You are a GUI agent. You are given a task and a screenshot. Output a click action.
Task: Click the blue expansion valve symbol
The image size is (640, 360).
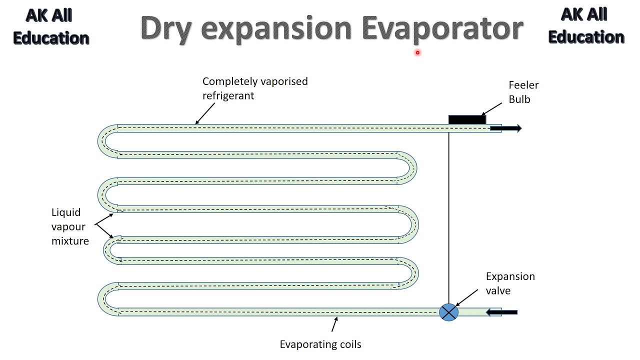448,312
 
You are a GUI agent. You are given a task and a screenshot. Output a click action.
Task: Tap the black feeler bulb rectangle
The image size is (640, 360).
467,119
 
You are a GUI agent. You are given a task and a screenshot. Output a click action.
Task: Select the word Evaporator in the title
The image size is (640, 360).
442,28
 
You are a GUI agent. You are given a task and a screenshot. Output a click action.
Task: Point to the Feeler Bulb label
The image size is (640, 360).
523,92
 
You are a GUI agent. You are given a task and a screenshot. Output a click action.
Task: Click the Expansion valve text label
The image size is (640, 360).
510,283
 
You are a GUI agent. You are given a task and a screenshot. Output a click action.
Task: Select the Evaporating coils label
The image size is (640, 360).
320,344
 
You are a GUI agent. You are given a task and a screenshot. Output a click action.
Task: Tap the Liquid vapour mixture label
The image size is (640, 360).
70,226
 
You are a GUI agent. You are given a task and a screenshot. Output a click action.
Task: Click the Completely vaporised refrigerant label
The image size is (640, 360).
254,88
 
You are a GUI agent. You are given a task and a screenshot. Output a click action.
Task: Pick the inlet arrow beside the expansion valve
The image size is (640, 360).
502,312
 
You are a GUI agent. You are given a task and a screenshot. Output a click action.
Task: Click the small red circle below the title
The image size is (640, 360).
417,52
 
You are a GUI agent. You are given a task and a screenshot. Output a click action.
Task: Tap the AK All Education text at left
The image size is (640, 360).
50,26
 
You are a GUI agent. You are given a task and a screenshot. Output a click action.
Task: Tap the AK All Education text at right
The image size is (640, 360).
586,26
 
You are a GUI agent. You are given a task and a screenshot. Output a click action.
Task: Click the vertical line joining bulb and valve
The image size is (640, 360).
448,215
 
